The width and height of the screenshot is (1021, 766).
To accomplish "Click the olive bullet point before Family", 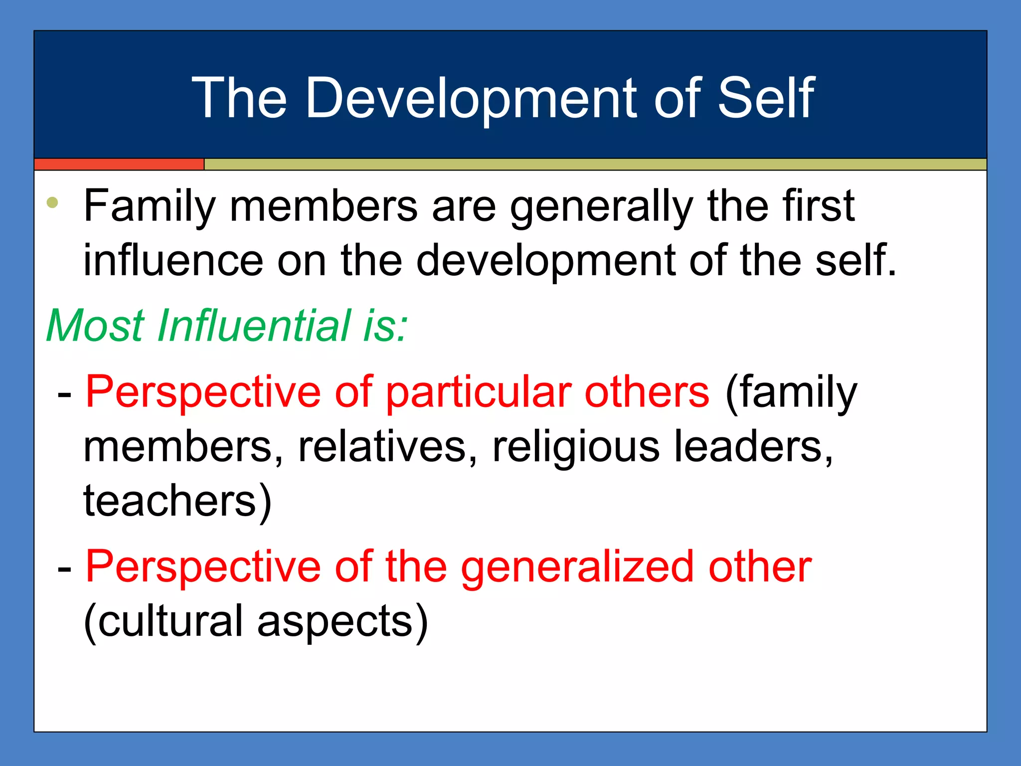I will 52,203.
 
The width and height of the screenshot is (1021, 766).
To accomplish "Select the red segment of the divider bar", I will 119,164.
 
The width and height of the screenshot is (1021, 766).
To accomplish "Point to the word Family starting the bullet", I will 150,207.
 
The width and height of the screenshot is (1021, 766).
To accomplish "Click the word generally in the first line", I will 601,207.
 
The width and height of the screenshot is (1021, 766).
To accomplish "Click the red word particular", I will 479,392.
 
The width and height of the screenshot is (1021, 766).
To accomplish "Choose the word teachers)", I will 177,501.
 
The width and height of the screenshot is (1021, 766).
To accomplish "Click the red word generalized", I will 577,568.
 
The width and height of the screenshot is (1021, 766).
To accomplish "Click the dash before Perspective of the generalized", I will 64,569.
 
